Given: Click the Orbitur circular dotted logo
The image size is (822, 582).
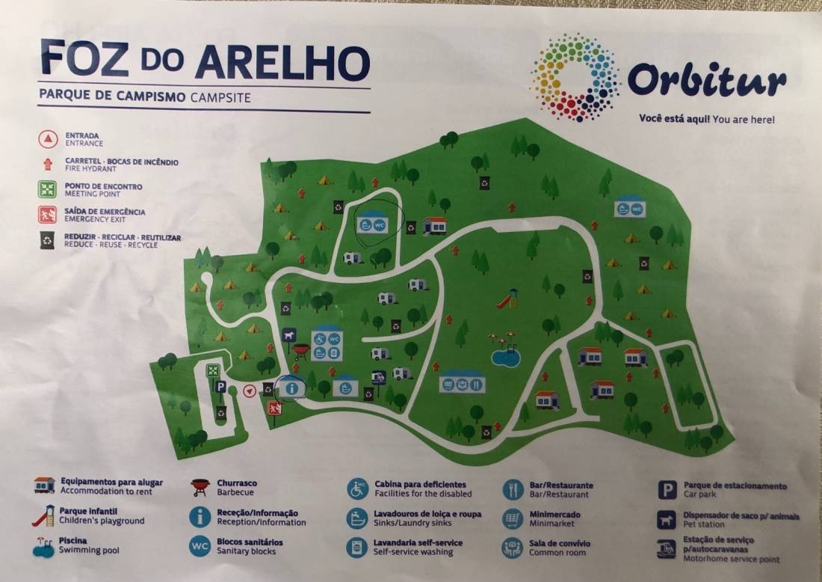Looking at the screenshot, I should (x=575, y=77).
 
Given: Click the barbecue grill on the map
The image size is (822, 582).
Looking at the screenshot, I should (x=300, y=350).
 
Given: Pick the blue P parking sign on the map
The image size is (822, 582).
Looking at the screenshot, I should (x=221, y=388).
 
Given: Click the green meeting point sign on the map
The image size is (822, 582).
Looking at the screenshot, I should (x=213, y=370).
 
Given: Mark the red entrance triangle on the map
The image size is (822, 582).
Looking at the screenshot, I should (x=250, y=390).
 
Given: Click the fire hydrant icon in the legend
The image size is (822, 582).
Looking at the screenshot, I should (x=48, y=163).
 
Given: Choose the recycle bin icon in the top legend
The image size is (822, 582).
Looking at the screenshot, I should (x=48, y=239).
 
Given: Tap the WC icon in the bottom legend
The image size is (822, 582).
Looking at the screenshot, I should (x=200, y=547).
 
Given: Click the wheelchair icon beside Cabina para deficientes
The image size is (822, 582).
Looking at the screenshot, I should (x=357, y=488).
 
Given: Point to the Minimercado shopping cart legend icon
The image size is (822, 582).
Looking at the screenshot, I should (x=513, y=518).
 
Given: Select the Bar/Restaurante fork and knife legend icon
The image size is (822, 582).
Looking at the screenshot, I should (x=513, y=489).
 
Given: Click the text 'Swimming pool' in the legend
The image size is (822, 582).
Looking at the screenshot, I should (x=90, y=551).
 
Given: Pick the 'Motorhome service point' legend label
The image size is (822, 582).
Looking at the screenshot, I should (x=732, y=559).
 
